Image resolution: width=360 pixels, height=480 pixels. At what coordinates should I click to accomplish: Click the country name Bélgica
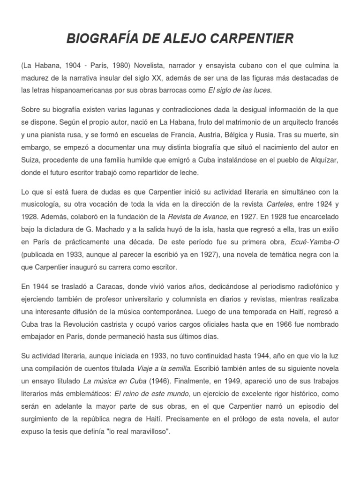point(245,135)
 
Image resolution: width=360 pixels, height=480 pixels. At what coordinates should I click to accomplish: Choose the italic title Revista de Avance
point(197,217)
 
